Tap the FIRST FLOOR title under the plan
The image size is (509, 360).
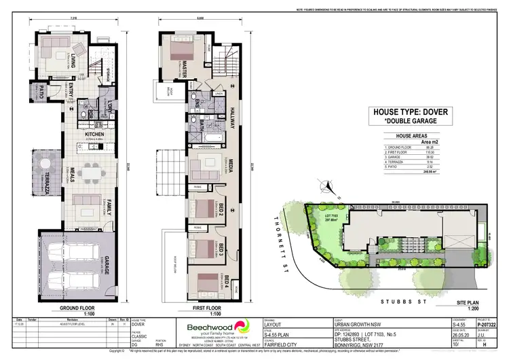point(205,307)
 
